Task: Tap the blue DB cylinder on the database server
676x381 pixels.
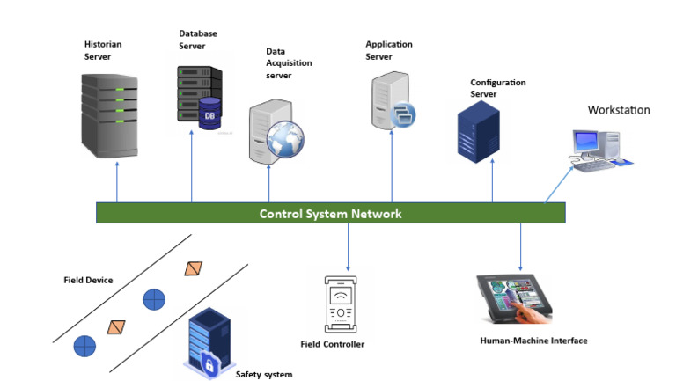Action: pyautogui.click(x=209, y=115)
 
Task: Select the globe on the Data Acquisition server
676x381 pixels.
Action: pyautogui.click(x=286, y=137)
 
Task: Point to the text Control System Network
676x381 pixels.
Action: pyautogui.click(x=330, y=214)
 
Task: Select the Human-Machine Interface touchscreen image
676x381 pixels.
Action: pyautogui.click(x=515, y=300)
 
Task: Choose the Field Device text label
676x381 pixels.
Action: pyautogui.click(x=88, y=280)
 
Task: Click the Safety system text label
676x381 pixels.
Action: pyautogui.click(x=263, y=374)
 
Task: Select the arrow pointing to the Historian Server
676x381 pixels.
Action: pyautogui.click(x=116, y=182)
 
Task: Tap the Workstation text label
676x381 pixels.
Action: pyautogui.click(x=619, y=111)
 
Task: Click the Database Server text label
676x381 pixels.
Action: pyautogui.click(x=198, y=40)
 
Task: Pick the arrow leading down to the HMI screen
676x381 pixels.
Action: pyautogui.click(x=520, y=246)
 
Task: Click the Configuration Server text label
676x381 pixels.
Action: pyautogui.click(x=497, y=88)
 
